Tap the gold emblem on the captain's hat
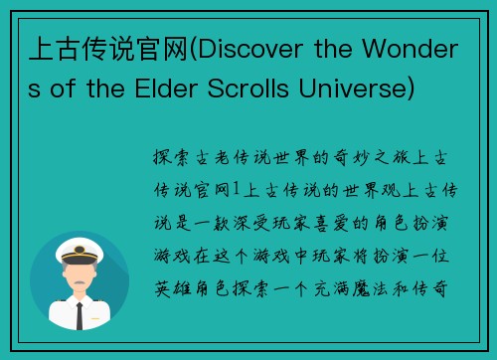pos(80,250)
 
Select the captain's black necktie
pos(80,312)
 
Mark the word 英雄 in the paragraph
pos(167,293)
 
